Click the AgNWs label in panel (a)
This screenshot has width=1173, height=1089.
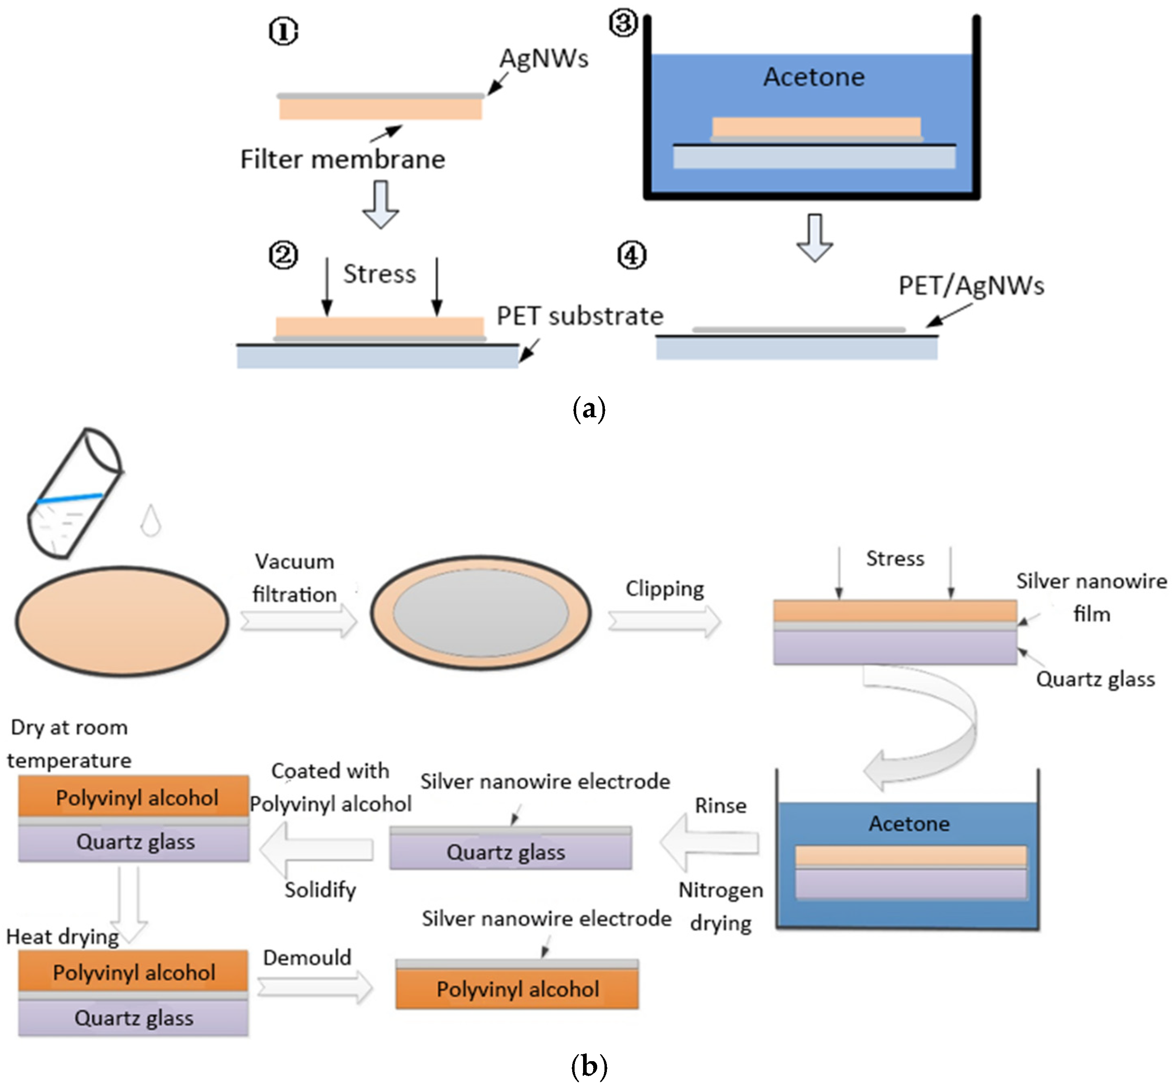click(x=543, y=58)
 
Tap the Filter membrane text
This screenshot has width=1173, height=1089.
click(x=343, y=159)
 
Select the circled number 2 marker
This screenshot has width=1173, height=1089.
click(x=284, y=255)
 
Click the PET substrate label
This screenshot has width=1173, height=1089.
click(x=579, y=316)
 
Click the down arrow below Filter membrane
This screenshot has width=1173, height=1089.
click(x=380, y=204)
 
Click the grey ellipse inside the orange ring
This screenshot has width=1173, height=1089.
click(x=480, y=613)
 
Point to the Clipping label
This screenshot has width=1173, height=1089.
click(x=664, y=589)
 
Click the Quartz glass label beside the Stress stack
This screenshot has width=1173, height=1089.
click(x=1095, y=679)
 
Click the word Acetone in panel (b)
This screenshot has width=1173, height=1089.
click(x=909, y=823)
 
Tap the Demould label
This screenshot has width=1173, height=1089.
click(x=307, y=958)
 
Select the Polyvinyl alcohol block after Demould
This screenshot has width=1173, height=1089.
click(x=517, y=989)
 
